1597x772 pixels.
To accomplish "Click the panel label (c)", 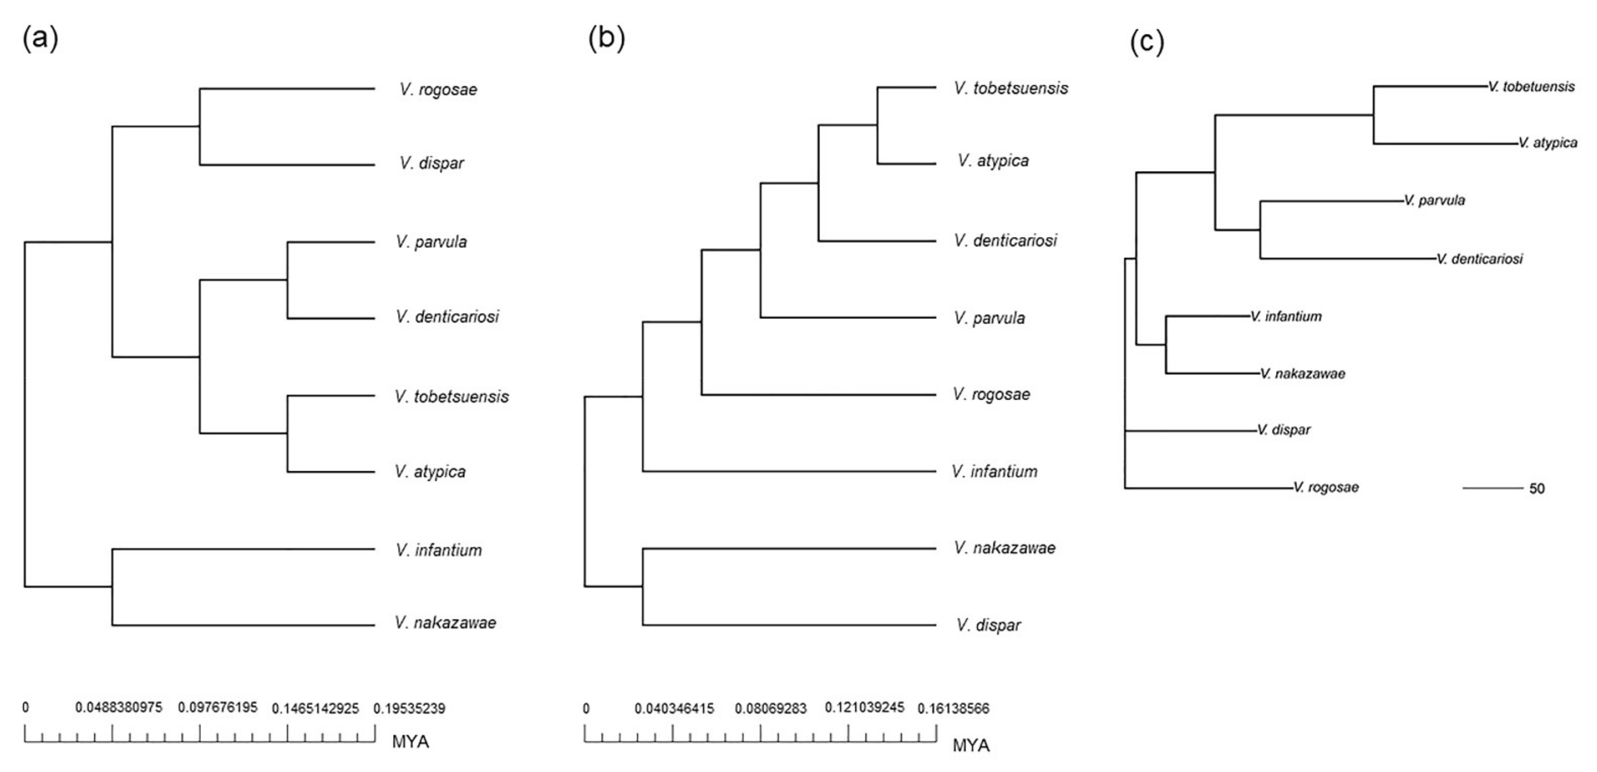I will coord(1147,42).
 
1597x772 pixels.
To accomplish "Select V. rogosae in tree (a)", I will coord(438,90).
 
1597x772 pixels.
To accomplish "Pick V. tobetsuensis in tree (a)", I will coord(451,397).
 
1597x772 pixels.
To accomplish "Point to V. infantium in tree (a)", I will coord(438,550).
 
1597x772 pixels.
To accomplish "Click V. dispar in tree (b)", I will coord(988,625).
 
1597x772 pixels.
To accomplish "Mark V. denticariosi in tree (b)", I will coord(1005,241).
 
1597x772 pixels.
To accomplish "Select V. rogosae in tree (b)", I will coord(991,394).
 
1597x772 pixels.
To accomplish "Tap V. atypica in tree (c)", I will coord(1547,143).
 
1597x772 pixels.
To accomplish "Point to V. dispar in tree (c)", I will coord(1284,430).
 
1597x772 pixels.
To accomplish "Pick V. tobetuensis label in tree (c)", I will coord(1531,87).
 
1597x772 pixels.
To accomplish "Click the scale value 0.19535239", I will coord(409,708).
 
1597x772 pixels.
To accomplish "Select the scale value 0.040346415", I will coord(674,708).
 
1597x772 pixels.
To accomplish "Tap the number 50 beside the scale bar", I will coord(1537,488).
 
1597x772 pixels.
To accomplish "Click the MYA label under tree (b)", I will coord(971,745).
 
